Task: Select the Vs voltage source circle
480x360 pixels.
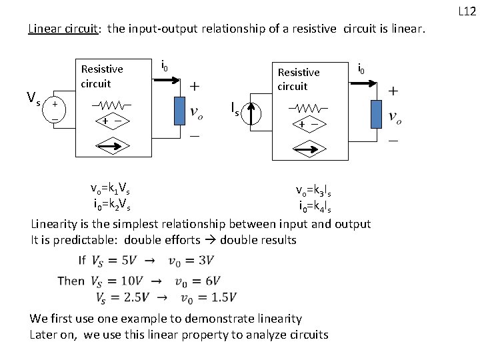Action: click(55, 109)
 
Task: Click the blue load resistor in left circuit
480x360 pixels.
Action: click(179, 111)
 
